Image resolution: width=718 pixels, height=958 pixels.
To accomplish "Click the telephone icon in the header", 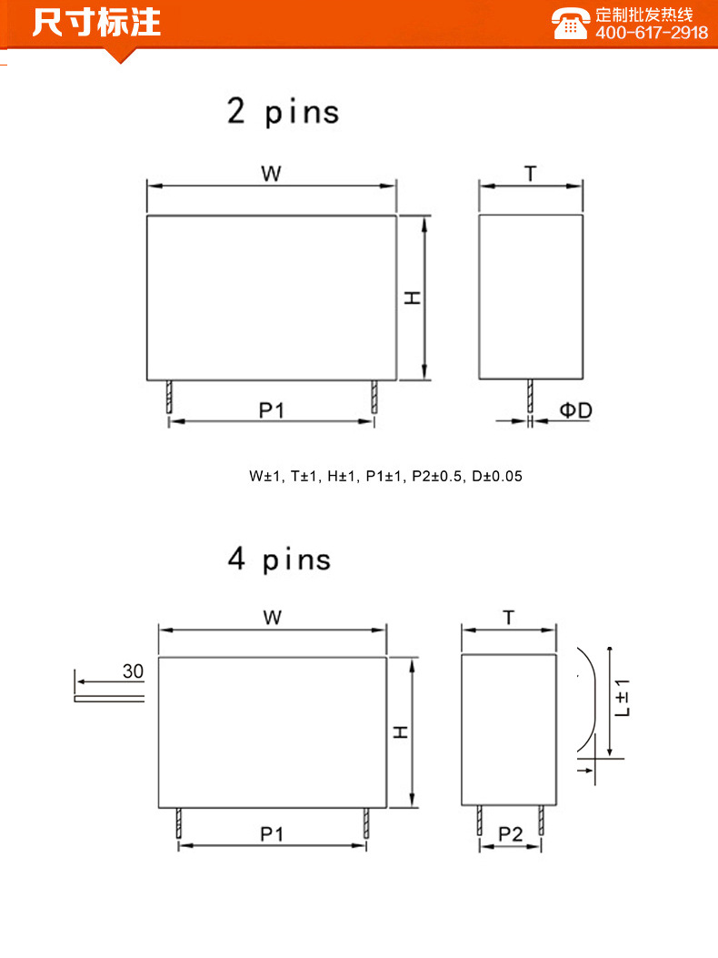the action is click(569, 24).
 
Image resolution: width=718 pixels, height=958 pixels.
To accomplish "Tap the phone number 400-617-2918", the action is click(652, 33).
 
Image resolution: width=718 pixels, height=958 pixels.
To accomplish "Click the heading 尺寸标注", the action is click(96, 22).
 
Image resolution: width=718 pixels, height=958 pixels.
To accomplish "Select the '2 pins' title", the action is click(283, 111).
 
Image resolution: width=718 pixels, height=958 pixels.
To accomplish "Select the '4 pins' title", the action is click(279, 559).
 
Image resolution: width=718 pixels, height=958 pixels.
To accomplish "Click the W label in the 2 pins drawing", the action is click(271, 174).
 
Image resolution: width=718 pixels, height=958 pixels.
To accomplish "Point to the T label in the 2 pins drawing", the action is click(531, 174).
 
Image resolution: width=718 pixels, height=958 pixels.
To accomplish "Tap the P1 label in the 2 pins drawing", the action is click(271, 410).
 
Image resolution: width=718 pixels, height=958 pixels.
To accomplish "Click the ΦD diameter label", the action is click(575, 410).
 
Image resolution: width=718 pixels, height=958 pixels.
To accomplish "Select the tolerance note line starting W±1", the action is click(385, 476).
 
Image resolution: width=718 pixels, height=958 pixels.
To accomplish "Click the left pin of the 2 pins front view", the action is click(169, 397).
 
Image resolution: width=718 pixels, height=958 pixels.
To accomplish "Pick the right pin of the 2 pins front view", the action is click(374, 397).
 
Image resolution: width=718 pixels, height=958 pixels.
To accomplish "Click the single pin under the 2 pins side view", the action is click(530, 396).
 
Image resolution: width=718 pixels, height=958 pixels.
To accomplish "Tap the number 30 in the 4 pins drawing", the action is click(133, 671).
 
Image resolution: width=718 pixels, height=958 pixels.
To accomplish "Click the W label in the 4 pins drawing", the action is click(273, 618).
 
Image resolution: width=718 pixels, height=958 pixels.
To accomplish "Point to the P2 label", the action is click(511, 834).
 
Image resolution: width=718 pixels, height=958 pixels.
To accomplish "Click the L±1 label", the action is click(623, 698).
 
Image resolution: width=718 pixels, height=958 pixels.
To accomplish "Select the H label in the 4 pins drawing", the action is click(401, 732).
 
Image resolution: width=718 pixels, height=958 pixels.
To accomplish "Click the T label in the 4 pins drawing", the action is click(509, 618).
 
